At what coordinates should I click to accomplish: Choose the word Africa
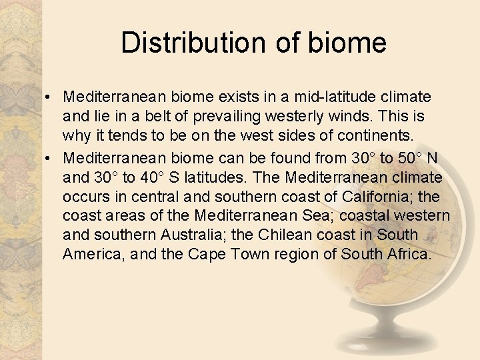click(x=409, y=255)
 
